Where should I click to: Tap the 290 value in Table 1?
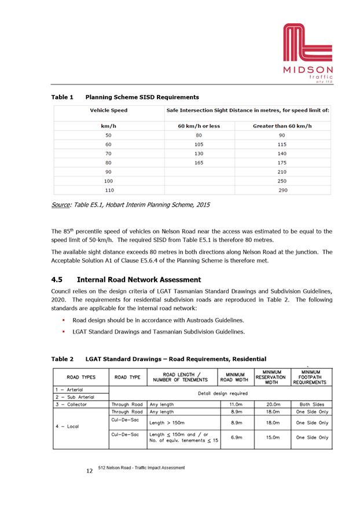tap(282, 190)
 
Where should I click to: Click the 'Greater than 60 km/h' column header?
tap(282, 126)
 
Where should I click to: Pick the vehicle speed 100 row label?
tap(108, 181)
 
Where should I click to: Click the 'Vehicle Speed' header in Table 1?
tap(108, 110)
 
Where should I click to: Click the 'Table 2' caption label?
tap(63, 359)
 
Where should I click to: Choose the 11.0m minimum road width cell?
tap(235, 404)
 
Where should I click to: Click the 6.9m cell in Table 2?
tap(235, 438)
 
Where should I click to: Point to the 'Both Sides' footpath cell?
tap(313, 404)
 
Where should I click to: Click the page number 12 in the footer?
tap(89, 471)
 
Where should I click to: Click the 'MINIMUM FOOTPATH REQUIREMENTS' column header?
tap(313, 377)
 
